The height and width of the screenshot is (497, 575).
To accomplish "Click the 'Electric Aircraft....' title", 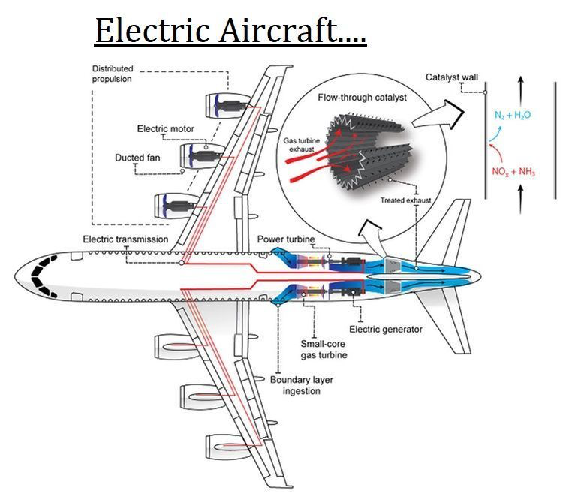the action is coord(230,31).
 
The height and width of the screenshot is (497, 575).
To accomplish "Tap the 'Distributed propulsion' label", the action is coord(112,74).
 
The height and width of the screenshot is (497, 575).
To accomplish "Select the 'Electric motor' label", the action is coord(165,128).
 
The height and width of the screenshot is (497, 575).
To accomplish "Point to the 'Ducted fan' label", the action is coord(137,158).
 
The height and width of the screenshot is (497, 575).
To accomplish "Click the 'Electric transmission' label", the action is coord(125,239).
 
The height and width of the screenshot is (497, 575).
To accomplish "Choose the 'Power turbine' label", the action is coord(286,239).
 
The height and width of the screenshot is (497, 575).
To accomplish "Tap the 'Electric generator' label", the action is coord(386,330).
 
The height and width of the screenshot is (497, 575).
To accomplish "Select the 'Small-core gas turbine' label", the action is coord(324,349).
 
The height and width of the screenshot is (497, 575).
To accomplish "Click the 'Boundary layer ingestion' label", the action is coord(302,385).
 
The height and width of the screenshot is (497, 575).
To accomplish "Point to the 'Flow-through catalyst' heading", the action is coord(363,98).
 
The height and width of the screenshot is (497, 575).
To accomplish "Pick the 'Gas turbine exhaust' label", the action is coord(302,145).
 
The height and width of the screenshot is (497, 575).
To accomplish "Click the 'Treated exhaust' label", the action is coord(405,200).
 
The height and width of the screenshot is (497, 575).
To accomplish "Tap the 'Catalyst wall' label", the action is coord(452,77).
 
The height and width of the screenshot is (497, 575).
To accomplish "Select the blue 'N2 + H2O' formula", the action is coord(513,115).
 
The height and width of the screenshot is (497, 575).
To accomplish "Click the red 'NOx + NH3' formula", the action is coord(513,172).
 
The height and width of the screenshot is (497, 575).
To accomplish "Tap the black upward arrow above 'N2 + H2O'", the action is coord(521,92).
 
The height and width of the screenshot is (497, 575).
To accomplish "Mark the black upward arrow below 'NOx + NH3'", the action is coord(521,199).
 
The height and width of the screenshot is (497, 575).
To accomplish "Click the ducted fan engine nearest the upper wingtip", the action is coord(228,106).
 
